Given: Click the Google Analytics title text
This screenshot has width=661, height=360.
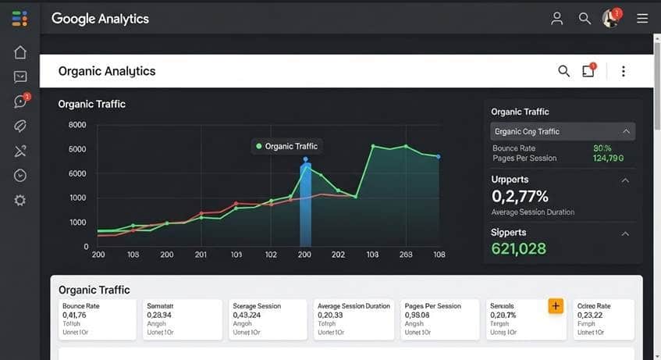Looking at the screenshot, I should click(x=100, y=19).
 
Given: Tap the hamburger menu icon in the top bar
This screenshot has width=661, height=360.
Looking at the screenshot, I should click(x=642, y=19).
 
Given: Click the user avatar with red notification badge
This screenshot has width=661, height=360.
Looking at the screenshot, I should click(x=611, y=19).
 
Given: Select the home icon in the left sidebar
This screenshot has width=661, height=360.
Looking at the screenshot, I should click(x=20, y=52).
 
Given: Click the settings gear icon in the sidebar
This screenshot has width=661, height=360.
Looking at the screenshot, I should click(x=20, y=201).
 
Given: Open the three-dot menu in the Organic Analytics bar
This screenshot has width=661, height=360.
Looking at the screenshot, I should click(x=623, y=72).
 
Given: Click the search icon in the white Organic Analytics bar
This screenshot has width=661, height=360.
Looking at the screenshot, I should click(x=563, y=72).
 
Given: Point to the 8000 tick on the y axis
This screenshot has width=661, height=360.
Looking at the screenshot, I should click(x=77, y=125).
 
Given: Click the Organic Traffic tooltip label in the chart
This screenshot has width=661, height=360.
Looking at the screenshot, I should click(x=290, y=146).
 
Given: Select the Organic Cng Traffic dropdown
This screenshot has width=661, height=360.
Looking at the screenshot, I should click(x=562, y=131).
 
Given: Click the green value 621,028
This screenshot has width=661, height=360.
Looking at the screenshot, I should click(x=518, y=249).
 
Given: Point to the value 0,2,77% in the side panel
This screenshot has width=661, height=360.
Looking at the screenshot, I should click(x=520, y=196).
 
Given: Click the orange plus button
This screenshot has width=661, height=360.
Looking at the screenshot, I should click(x=556, y=306).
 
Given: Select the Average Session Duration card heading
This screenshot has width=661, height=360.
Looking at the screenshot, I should click(x=354, y=306).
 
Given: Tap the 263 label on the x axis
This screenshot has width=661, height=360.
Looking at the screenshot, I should click(x=406, y=255).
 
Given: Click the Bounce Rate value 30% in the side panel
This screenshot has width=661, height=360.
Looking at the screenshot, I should click(x=602, y=148).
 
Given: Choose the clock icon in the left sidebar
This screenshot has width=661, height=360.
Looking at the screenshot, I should click(x=20, y=176).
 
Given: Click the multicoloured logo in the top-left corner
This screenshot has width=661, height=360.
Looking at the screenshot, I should click(x=20, y=19).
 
